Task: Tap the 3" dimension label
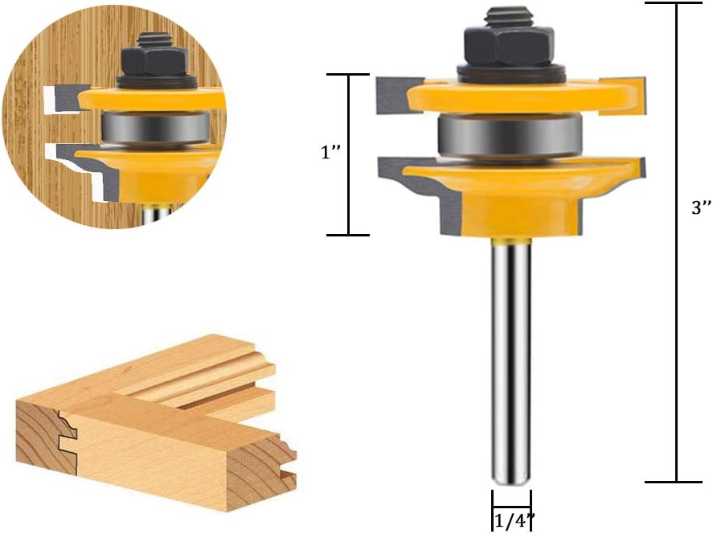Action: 696,207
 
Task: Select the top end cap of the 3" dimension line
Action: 676,3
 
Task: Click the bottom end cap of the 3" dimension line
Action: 676,482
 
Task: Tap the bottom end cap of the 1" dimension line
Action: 347,235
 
